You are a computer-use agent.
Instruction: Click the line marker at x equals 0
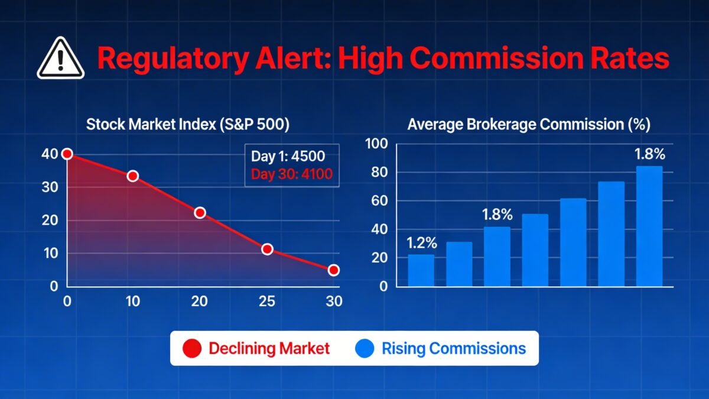point(67,154)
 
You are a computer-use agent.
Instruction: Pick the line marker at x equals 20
point(200,212)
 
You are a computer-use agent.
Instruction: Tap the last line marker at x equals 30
point(334,270)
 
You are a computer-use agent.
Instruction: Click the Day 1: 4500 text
point(288,157)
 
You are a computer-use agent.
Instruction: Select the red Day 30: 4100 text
point(292,174)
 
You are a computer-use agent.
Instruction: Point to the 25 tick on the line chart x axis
point(267,301)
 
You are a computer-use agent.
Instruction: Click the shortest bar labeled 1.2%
point(421,270)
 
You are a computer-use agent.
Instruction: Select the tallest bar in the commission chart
point(649,226)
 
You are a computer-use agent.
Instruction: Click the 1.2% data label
point(421,243)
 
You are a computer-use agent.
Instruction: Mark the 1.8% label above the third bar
point(497,215)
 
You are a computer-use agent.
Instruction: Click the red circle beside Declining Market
point(193,348)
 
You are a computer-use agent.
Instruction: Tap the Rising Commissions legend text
point(454,348)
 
